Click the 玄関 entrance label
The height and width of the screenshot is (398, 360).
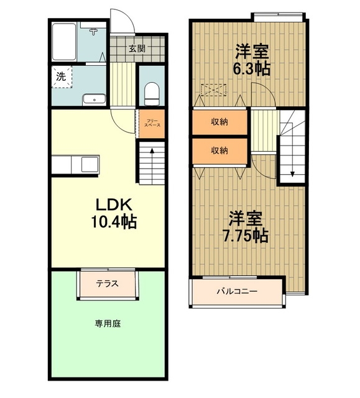(x=137, y=49)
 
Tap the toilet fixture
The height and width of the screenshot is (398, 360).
(x=152, y=93)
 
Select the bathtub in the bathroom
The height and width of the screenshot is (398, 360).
(x=64, y=42)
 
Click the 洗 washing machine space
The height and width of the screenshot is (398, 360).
(x=62, y=77)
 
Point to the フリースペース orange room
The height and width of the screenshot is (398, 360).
(x=152, y=124)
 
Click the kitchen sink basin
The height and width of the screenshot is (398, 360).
(x=90, y=164)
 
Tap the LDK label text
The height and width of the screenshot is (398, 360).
(x=114, y=205)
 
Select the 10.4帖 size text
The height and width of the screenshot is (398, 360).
(x=114, y=221)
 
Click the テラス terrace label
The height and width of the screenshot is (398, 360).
(x=107, y=284)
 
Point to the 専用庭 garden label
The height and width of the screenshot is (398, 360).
(x=108, y=323)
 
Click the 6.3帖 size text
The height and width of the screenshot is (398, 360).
(x=251, y=68)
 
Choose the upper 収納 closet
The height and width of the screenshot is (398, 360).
(x=219, y=122)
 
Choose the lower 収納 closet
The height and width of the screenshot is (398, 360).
(x=219, y=150)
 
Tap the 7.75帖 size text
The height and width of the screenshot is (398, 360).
(x=245, y=236)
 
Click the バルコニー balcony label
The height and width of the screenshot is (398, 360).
(x=237, y=291)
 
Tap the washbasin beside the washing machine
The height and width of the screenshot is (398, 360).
(x=94, y=99)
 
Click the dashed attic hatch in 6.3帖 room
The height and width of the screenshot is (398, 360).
(x=213, y=90)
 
